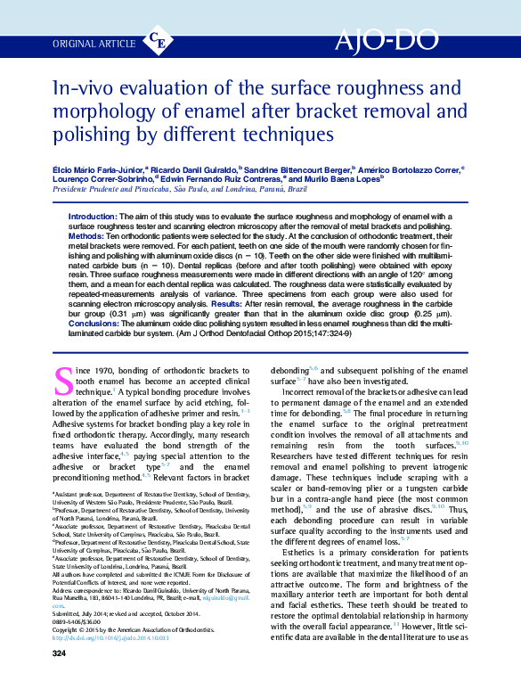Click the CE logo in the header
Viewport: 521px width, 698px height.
click(x=159, y=41)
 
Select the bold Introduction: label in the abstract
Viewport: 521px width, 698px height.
click(x=98, y=217)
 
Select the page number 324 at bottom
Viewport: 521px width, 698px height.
click(x=60, y=679)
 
